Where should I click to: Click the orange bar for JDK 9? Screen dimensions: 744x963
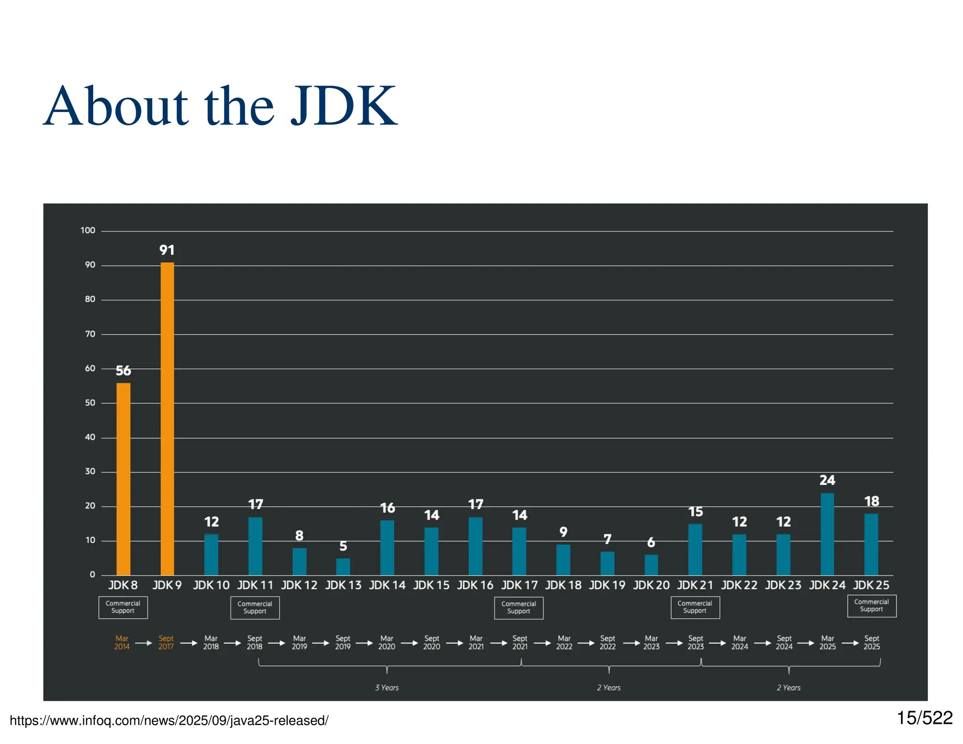(167, 419)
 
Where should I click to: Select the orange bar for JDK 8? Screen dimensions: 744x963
(123, 479)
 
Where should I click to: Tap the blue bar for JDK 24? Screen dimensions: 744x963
(827, 534)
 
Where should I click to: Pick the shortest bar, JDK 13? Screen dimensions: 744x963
(343, 567)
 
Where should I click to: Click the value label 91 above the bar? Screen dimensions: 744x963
(167, 250)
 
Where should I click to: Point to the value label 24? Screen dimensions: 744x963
(827, 480)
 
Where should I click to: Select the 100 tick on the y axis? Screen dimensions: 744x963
(88, 230)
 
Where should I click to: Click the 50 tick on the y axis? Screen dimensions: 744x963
(90, 403)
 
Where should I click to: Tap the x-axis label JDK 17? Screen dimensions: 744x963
(519, 586)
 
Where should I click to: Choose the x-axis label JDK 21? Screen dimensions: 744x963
(695, 586)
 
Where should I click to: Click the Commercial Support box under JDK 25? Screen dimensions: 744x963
(871, 606)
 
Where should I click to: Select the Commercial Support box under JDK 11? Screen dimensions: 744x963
(255, 608)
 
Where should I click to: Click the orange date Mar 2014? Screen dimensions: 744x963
(122, 642)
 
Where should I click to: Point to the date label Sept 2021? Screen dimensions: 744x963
(520, 642)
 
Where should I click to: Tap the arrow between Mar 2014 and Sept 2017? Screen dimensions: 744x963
(144, 643)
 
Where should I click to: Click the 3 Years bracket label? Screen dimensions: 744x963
(387, 688)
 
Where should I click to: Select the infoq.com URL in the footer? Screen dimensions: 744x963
(169, 720)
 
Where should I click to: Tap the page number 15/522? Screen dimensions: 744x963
(924, 718)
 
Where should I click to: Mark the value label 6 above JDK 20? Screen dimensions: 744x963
(651, 543)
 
